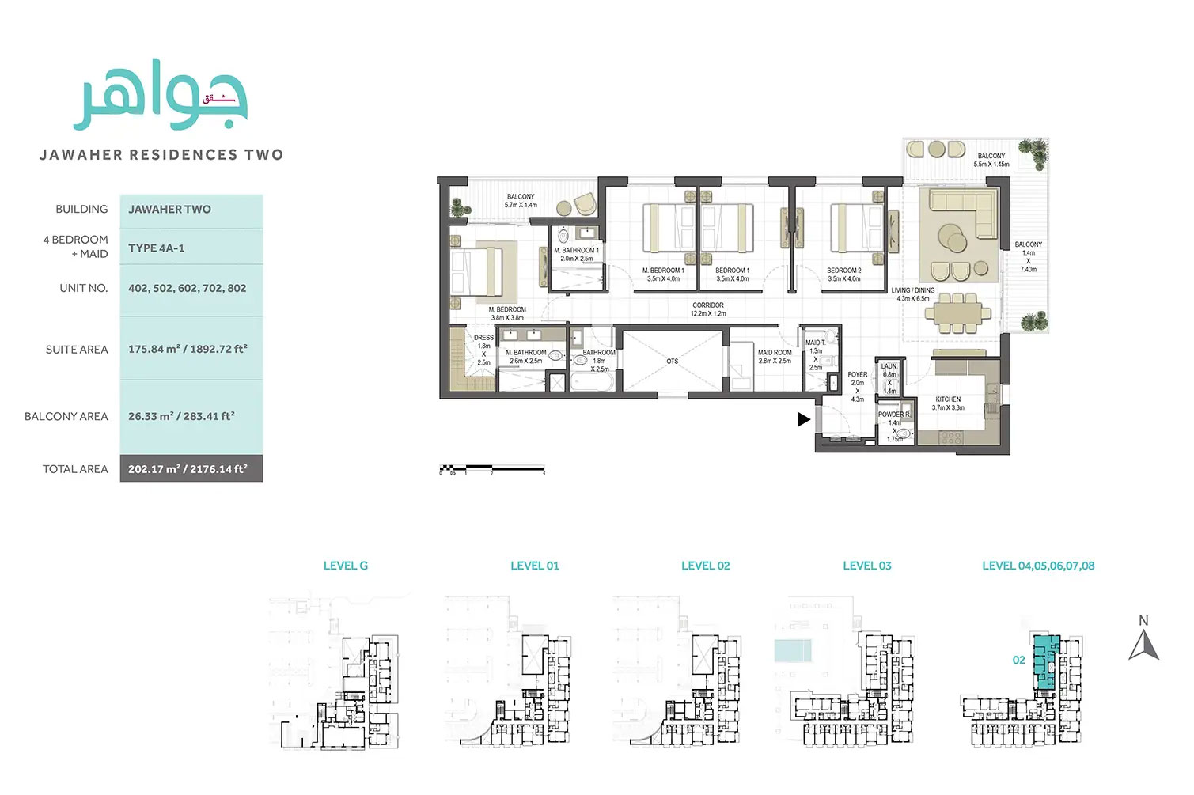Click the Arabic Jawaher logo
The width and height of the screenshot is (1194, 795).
(161, 95)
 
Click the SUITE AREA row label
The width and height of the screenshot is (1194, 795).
(77, 350)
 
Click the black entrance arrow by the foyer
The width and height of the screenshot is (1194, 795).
(803, 419)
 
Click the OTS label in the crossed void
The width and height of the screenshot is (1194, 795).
(672, 362)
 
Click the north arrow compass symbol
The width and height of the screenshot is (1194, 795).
(1143, 641)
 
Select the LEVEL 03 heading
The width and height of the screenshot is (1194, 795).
(866, 566)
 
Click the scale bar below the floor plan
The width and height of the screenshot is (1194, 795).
(492, 468)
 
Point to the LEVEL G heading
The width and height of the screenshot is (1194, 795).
(345, 566)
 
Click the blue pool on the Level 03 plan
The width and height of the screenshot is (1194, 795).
(793, 651)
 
